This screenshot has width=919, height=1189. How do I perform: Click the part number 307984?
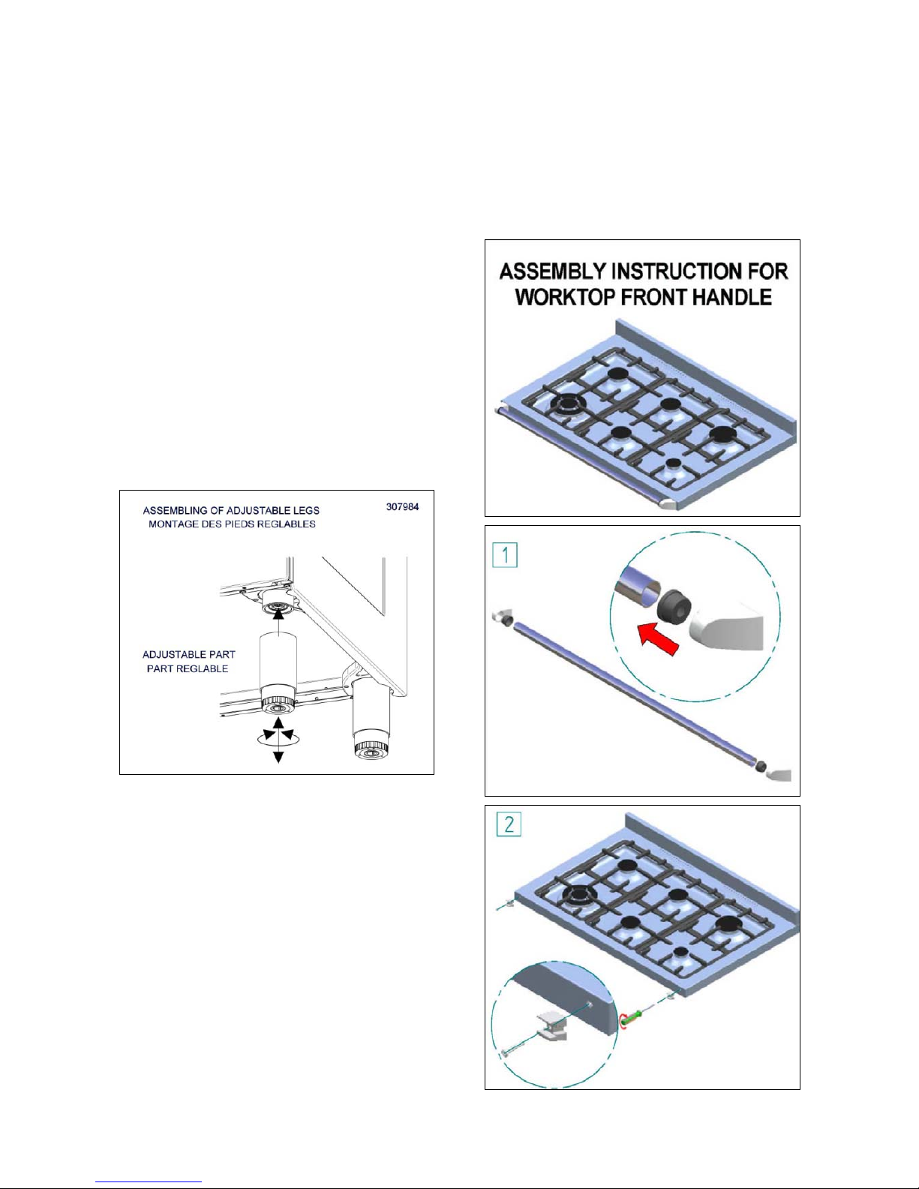pos(402,507)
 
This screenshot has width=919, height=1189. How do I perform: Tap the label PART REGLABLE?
pos(188,668)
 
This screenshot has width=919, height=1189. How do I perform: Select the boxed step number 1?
pos(505,556)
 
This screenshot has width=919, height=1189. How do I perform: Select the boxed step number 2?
pos(509,825)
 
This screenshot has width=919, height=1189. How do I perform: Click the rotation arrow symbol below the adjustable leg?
pos(278,738)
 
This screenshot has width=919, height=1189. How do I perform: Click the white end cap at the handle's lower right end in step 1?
pos(779,774)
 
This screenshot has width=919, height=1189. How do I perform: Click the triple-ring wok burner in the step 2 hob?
pos(579,895)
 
